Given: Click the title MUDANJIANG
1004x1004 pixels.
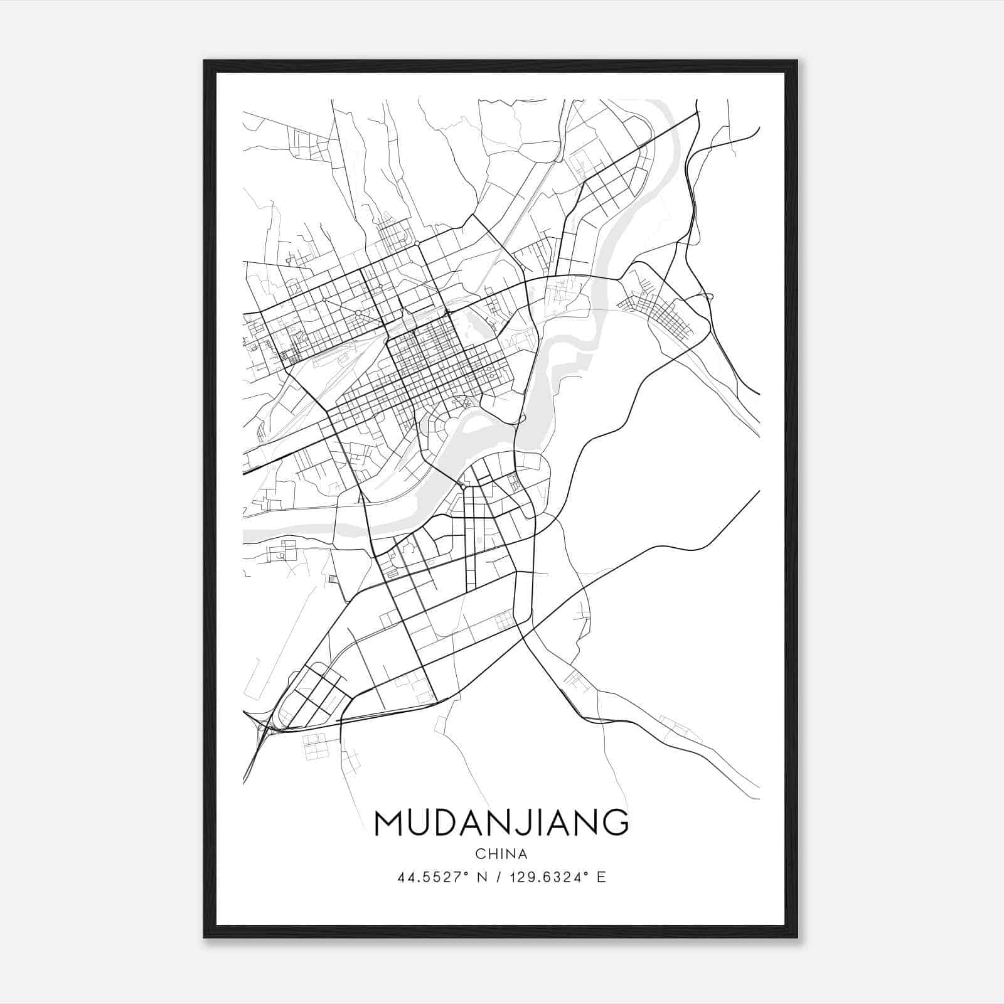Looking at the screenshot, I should click(x=501, y=823).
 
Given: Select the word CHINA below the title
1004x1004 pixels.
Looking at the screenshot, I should click(x=501, y=854).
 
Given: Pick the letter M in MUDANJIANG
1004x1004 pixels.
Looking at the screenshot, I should click(x=388, y=823).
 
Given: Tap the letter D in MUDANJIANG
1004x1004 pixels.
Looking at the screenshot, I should click(x=444, y=823).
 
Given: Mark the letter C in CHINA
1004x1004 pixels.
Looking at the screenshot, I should click(x=480, y=854).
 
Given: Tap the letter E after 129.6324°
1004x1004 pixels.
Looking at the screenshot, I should click(x=601, y=877).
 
